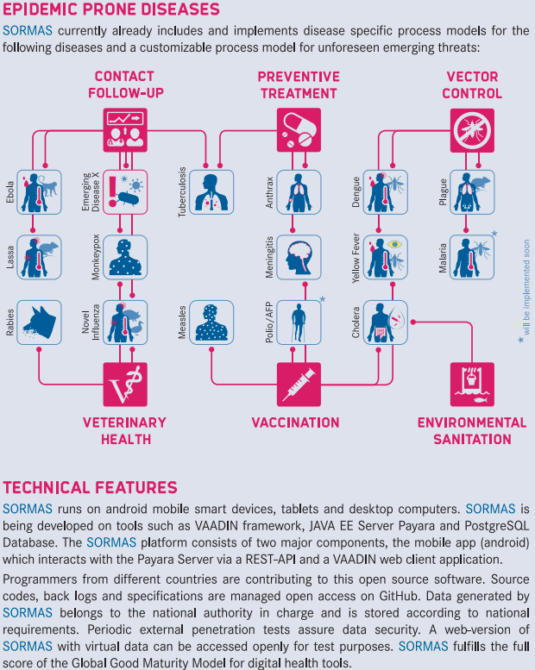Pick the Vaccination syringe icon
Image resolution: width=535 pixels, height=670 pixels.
[x=299, y=385]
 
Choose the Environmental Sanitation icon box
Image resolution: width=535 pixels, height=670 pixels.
[x=472, y=385]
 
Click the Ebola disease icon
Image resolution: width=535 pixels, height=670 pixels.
[x=38, y=191]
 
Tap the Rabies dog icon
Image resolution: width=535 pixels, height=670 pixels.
[x=38, y=322]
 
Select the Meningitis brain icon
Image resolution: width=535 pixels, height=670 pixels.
[x=299, y=257]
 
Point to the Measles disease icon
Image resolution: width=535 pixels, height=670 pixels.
[x=211, y=322]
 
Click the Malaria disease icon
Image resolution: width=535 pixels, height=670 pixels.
[x=472, y=257]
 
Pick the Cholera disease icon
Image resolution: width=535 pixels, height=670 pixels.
[x=385, y=322]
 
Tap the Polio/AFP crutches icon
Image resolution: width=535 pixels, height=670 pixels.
[x=299, y=322]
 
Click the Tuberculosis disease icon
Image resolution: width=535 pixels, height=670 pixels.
[x=211, y=191]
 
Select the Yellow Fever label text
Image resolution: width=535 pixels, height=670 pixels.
[x=356, y=257]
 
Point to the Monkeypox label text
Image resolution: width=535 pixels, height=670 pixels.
[x=96, y=257]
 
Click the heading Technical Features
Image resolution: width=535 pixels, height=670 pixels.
[x=90, y=488]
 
